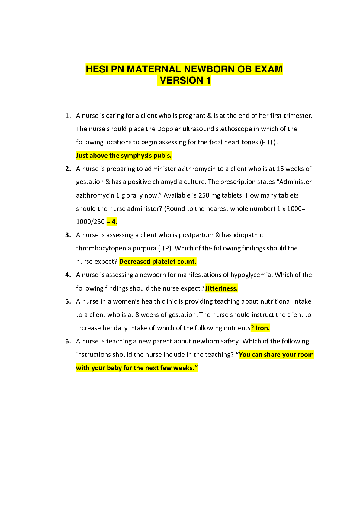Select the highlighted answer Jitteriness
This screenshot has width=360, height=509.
221,288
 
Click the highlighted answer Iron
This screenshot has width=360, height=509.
262,328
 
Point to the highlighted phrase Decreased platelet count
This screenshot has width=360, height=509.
158,262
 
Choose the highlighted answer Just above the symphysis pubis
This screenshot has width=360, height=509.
124,156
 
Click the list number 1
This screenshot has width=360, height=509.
68,116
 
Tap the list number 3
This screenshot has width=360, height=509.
68,235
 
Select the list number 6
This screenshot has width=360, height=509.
68,341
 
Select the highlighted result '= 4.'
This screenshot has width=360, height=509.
112,222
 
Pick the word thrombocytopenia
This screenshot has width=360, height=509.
116,248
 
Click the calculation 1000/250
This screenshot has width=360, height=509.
90,222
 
